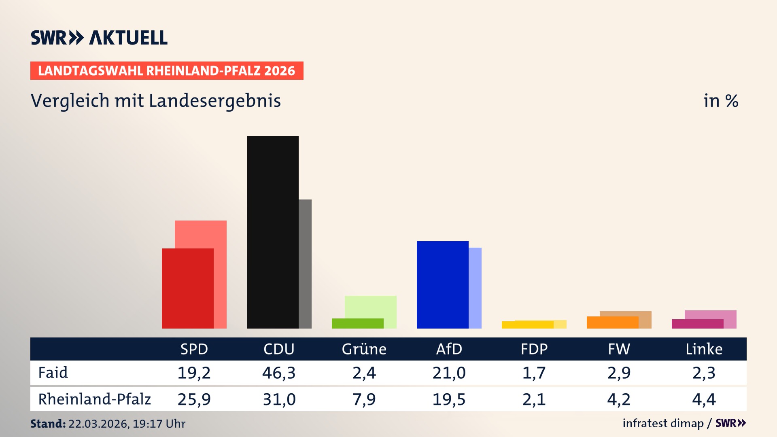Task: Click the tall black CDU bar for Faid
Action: [272, 232]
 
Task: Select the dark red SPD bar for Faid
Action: [187, 288]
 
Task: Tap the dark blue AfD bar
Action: [442, 284]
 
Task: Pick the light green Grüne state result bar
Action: [371, 307]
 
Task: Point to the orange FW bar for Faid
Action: [612, 322]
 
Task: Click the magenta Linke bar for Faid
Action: [697, 324]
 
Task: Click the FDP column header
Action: [534, 349]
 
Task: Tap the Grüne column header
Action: [364, 349]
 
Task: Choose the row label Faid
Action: [53, 373]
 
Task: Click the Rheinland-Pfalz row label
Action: [94, 399]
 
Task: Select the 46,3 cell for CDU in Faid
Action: [279, 373]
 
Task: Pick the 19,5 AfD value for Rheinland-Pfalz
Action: [449, 399]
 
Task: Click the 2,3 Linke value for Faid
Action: [704, 373]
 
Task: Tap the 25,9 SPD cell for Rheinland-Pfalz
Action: [194, 399]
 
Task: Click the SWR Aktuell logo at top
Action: [99, 38]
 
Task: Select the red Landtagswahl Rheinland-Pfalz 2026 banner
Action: [167, 71]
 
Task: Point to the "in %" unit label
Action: [720, 101]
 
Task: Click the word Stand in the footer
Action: [48, 424]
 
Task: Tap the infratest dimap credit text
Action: [663, 423]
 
